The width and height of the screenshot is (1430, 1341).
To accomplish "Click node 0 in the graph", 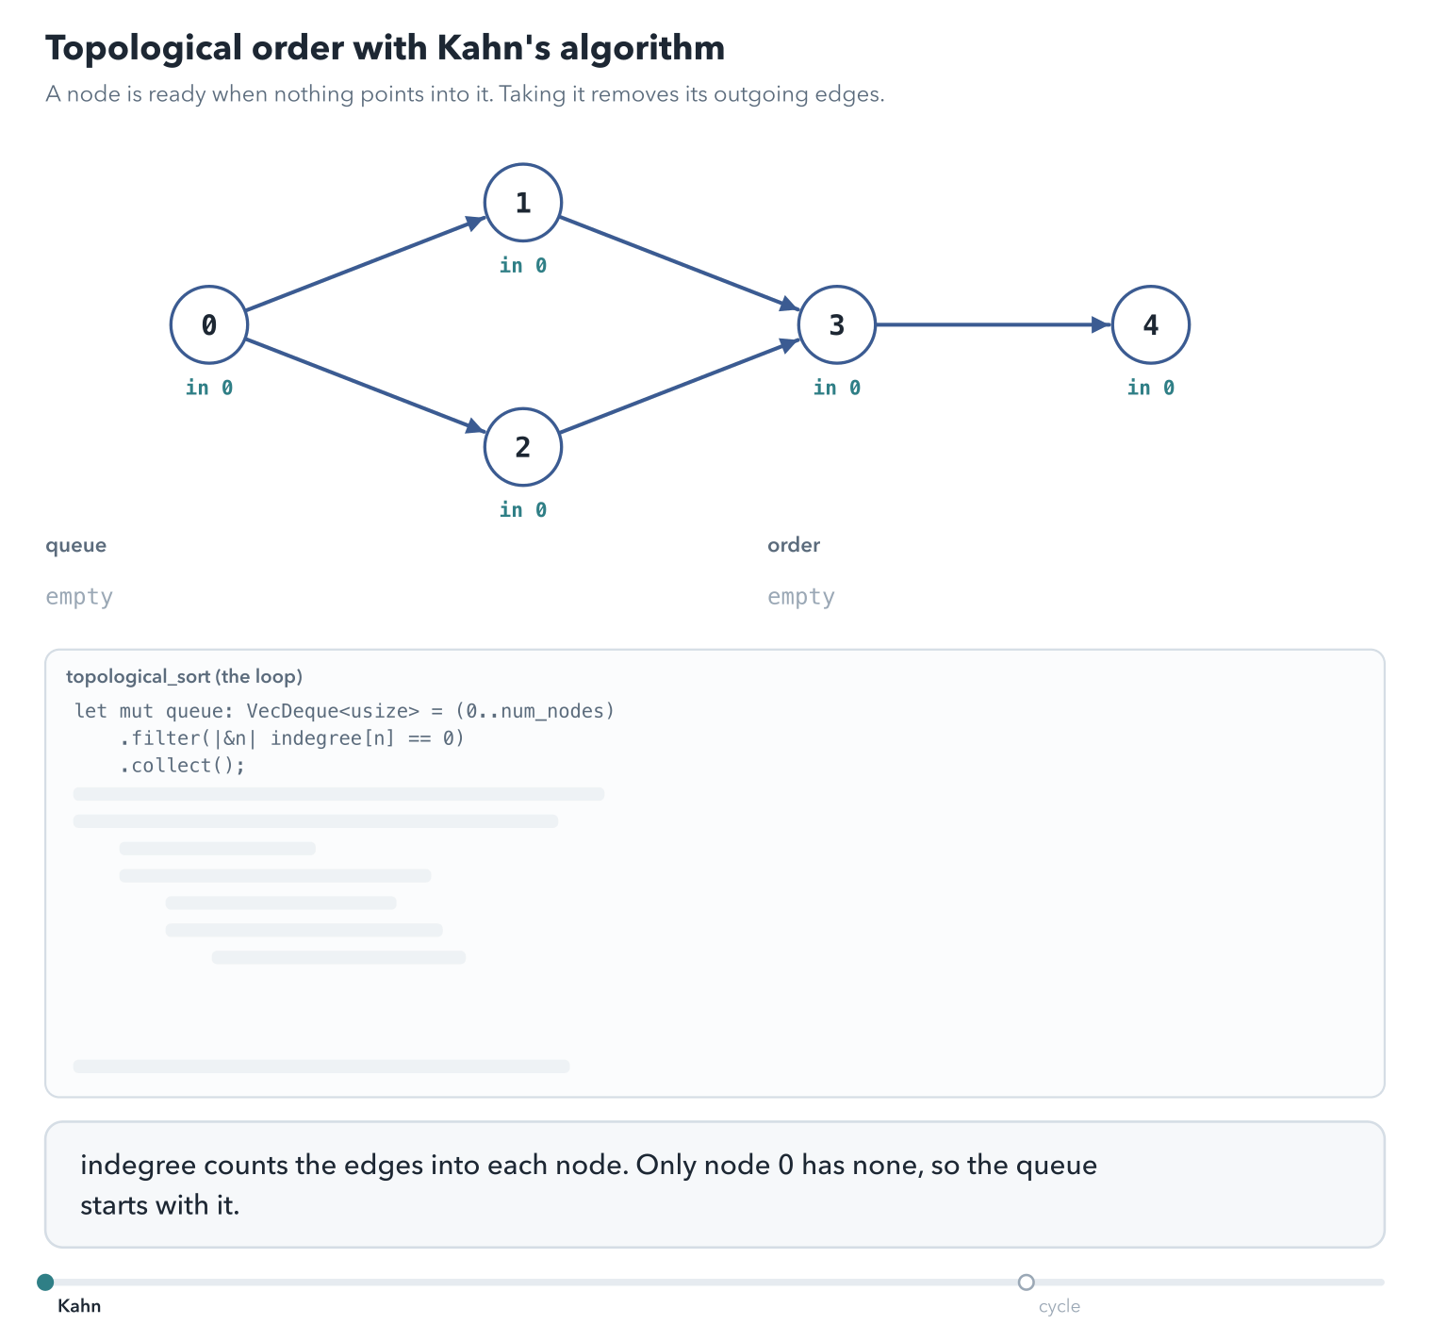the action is click(209, 324).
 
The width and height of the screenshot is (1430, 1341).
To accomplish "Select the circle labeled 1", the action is click(523, 203).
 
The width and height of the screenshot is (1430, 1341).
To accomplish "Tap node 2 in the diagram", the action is click(523, 447).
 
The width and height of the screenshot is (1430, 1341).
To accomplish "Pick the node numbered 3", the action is click(837, 324).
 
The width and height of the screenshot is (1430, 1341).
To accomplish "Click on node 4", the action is click(1151, 324).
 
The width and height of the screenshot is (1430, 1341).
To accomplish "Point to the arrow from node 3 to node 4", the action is click(994, 324).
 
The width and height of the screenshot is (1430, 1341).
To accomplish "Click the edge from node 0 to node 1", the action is click(366, 264).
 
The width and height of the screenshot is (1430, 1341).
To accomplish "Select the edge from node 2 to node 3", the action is click(680, 386).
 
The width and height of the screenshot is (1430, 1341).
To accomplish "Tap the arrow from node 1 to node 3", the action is click(680, 264).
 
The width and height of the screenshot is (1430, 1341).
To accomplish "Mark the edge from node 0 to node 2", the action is click(366, 386).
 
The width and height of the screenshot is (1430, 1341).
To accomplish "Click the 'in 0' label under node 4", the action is click(1151, 388).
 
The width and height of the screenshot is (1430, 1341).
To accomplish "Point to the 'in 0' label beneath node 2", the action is click(523, 510).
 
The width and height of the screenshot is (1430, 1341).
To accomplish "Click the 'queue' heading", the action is click(75, 545).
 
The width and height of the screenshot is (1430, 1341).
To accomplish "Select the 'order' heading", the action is click(794, 545).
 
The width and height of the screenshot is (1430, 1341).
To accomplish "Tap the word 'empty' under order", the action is click(800, 597).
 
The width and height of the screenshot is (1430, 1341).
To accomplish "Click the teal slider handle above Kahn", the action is click(45, 1282).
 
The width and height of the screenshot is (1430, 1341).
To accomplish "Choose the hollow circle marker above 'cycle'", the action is click(1026, 1282).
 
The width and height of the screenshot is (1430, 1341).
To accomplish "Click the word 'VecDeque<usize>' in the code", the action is click(333, 711).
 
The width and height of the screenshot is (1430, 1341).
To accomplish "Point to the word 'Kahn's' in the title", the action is click(493, 48).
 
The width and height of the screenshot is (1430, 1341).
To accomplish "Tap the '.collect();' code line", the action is click(182, 765).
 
